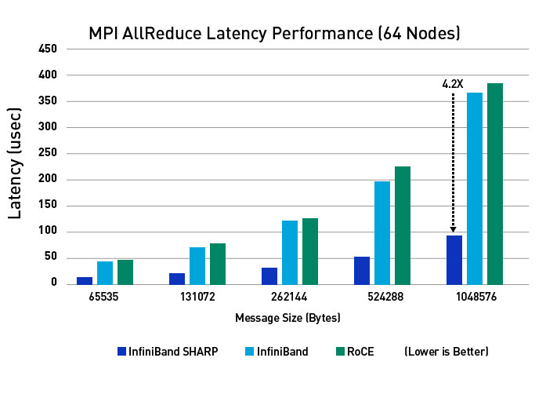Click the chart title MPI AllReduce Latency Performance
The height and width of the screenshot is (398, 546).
click(x=273, y=34)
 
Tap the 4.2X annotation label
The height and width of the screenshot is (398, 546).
click(x=454, y=84)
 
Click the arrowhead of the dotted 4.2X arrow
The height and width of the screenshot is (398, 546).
click(x=454, y=229)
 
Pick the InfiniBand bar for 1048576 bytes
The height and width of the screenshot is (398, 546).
click(x=475, y=188)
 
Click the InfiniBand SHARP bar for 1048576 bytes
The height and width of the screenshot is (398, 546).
click(x=454, y=259)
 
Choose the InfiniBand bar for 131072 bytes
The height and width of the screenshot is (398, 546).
click(x=197, y=265)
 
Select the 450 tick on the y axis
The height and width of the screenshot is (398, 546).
click(x=48, y=49)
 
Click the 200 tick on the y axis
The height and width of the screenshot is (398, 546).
click(x=48, y=179)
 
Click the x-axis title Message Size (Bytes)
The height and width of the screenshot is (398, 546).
click(x=288, y=318)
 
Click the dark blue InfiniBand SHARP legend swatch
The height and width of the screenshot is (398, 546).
click(x=121, y=352)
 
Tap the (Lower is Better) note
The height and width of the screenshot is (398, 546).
click(x=447, y=352)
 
